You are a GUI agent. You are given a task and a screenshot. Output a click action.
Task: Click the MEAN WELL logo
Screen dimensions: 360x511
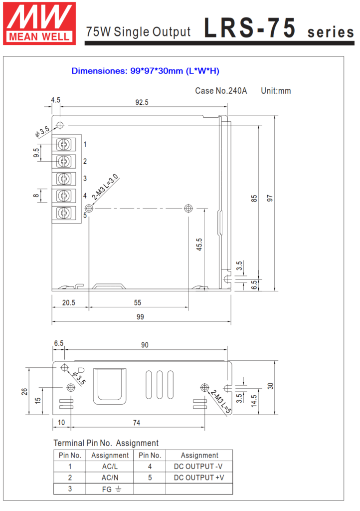point(39,23)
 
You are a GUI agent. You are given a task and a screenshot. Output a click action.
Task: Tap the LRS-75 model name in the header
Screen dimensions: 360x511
point(250,28)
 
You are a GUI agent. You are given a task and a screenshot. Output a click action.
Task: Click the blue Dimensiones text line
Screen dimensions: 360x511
point(145,71)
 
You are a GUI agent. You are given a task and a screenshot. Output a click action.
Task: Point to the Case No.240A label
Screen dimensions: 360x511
point(221,91)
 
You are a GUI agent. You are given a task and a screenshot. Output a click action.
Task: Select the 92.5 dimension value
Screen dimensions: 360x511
point(142,102)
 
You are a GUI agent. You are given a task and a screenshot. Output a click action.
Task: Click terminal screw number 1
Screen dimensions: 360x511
point(64,144)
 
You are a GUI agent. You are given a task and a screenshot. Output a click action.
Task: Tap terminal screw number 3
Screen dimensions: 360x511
point(64,179)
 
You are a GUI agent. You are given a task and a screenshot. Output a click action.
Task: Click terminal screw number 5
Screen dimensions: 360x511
point(64,213)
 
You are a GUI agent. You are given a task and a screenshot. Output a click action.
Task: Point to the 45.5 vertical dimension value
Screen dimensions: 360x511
point(199,245)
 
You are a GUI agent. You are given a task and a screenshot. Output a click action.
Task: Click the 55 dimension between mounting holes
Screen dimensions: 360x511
point(137,303)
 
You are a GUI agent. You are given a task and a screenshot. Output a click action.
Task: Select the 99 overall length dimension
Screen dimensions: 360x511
point(140,317)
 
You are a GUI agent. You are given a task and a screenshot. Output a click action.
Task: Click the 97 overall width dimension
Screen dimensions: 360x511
point(270,198)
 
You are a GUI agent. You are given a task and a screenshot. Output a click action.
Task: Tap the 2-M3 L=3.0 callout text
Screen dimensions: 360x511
point(105,187)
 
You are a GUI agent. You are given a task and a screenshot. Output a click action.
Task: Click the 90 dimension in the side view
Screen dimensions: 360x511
point(145,345)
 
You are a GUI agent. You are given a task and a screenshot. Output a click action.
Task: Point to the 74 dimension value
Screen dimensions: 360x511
point(137,423)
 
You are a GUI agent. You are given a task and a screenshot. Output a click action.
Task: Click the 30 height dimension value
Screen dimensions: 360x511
point(270,386)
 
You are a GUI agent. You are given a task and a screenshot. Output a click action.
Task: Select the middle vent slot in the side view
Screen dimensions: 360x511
point(160,385)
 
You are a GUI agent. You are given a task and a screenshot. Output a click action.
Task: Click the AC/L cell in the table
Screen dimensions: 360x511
point(110,467)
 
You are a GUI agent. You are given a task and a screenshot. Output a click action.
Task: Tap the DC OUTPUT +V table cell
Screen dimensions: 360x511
point(199,478)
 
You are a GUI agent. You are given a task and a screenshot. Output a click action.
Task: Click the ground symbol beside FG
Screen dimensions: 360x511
point(118,489)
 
